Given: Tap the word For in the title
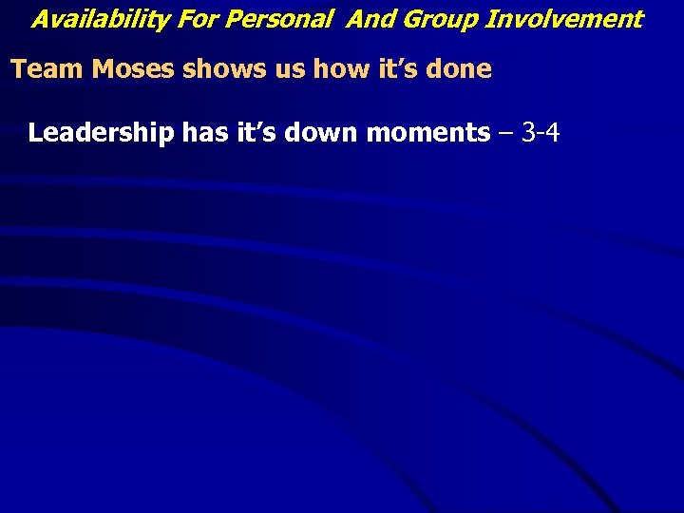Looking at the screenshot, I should point(188,19).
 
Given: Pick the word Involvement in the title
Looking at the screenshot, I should point(564,19).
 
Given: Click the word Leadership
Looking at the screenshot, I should point(101,133).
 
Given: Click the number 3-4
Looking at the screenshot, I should point(541,133).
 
